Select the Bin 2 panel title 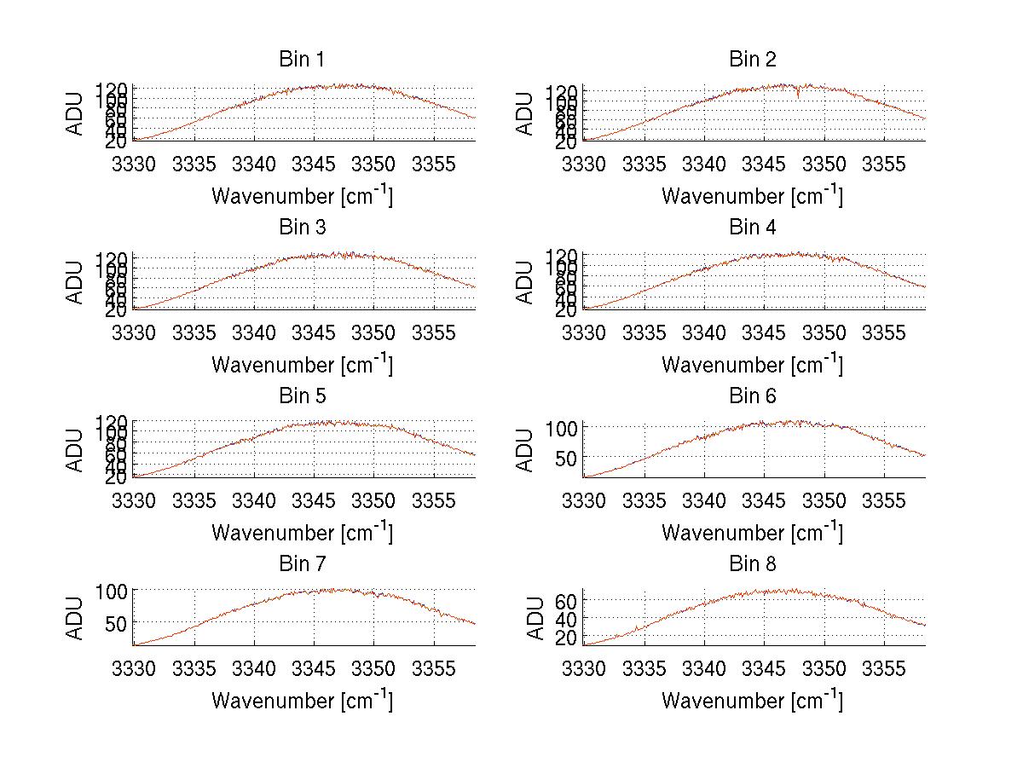(753, 60)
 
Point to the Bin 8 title (753, 564)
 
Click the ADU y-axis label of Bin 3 (76, 282)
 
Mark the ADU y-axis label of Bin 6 (526, 450)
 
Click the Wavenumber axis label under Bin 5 (302, 533)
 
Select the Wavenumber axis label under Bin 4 (753, 365)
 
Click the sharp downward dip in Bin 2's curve (798, 95)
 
